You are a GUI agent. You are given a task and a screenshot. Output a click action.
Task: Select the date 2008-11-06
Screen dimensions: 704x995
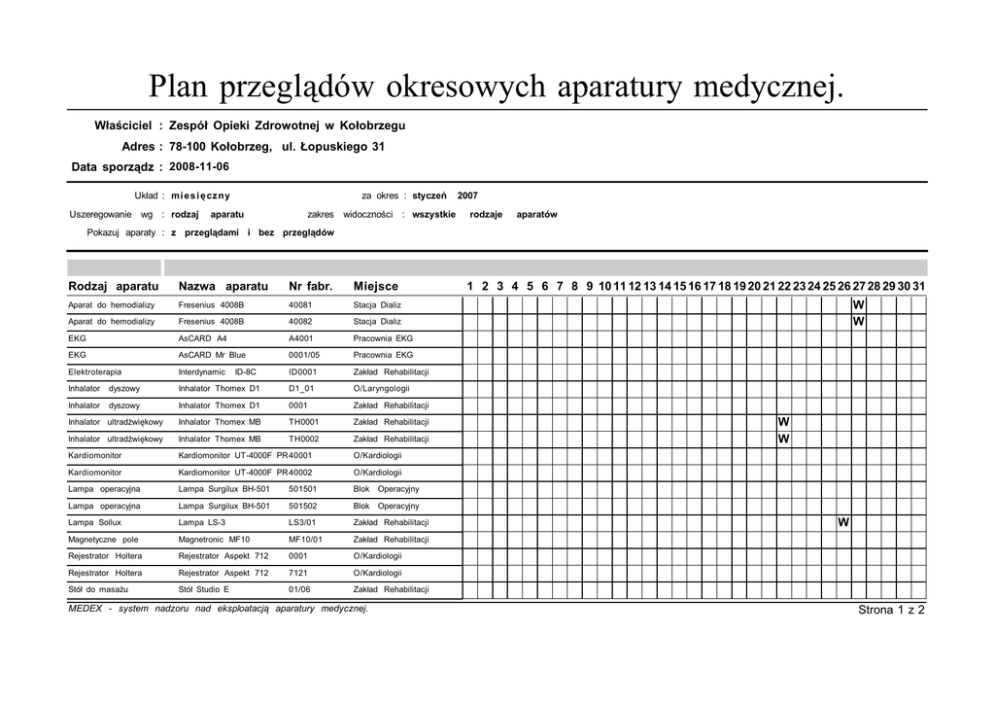click(199, 167)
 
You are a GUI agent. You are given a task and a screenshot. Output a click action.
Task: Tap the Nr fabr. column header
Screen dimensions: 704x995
click(311, 287)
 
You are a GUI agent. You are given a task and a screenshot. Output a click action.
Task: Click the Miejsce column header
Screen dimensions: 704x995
click(375, 287)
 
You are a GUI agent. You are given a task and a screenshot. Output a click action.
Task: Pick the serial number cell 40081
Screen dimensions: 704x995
click(300, 305)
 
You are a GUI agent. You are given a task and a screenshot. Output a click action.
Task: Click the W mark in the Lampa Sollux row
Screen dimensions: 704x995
click(843, 523)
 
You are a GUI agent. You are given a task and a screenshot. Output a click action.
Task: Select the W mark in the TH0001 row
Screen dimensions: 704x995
click(783, 422)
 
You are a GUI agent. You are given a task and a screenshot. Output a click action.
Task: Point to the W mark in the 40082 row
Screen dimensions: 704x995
click(858, 322)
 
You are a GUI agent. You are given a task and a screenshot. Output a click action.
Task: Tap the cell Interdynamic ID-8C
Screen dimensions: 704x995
click(218, 372)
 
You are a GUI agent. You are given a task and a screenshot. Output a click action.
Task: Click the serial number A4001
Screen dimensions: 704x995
click(302, 338)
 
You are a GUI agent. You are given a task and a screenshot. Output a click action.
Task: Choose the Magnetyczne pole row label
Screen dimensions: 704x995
click(103, 540)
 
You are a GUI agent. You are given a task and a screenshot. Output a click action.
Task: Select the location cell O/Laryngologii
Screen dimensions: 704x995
click(381, 389)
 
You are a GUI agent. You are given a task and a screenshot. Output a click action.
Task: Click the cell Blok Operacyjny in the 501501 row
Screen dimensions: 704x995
click(386, 489)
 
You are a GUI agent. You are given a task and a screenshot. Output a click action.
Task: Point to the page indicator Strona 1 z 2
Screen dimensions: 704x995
click(891, 611)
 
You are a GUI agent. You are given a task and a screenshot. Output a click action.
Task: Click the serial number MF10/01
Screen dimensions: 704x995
click(305, 540)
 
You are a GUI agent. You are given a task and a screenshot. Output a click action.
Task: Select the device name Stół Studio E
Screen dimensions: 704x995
click(204, 590)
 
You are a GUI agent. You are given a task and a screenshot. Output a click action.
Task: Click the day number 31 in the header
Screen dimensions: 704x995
click(918, 287)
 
